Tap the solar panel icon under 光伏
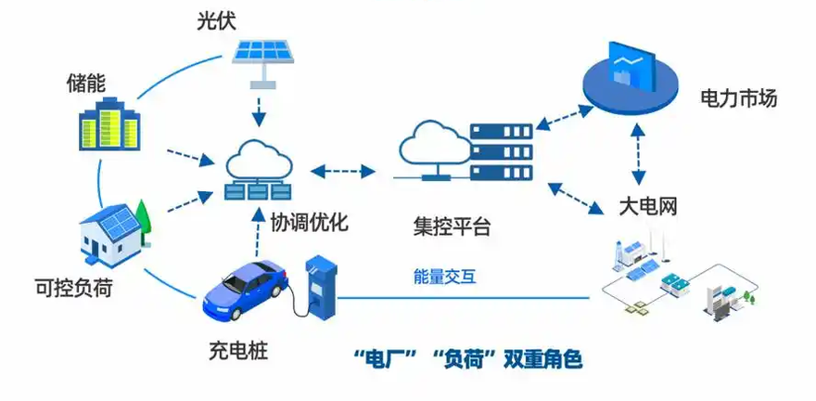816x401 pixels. pyautogui.click(x=263, y=61)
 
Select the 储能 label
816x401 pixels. pyautogui.click(x=86, y=84)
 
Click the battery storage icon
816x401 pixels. pyautogui.click(x=108, y=124)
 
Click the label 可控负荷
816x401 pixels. pyautogui.click(x=73, y=287)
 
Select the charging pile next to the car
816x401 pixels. pyautogui.click(x=320, y=287)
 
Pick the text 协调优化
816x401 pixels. pyautogui.click(x=309, y=223)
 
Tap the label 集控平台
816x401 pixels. pyautogui.click(x=452, y=227)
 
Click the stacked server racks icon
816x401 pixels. pyautogui.click(x=502, y=152)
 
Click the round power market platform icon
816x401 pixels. pyautogui.click(x=631, y=77)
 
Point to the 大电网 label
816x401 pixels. pyautogui.click(x=648, y=207)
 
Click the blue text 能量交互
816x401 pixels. pyautogui.click(x=445, y=277)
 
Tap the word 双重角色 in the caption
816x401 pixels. pyautogui.click(x=542, y=360)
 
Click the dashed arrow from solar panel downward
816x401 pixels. pyautogui.click(x=257, y=111)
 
